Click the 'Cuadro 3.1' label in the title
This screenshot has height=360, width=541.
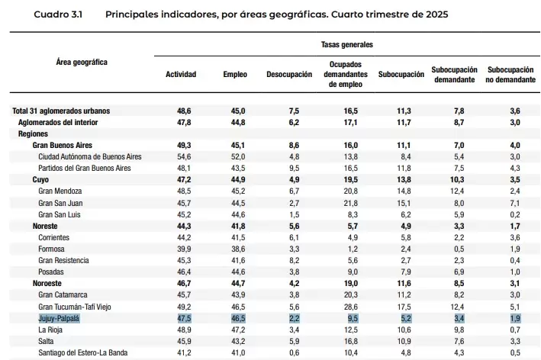(x=58, y=14)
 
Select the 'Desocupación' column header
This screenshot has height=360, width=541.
(x=289, y=75)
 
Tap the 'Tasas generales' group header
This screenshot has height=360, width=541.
(x=346, y=44)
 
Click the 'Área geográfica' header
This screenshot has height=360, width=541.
(x=82, y=62)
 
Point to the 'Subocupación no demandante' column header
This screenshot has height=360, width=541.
(x=510, y=75)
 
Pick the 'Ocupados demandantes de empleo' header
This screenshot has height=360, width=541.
(x=346, y=74)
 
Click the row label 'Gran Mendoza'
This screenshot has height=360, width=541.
(x=60, y=191)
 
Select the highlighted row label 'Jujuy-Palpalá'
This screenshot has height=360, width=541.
(x=59, y=318)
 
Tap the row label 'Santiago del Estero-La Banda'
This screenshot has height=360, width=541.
(x=83, y=353)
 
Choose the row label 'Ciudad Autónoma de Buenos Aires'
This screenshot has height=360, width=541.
(x=90, y=156)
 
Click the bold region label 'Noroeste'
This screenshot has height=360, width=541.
(x=47, y=284)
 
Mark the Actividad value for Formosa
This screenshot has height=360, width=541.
(x=184, y=249)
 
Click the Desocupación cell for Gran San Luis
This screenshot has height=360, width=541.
(x=295, y=214)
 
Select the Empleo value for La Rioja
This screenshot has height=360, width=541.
(x=238, y=329)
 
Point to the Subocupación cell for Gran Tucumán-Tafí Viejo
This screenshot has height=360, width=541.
(x=404, y=307)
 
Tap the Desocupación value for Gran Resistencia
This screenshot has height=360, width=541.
(x=295, y=260)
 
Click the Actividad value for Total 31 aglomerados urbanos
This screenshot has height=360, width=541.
(x=184, y=111)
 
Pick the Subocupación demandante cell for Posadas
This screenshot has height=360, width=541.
(x=459, y=272)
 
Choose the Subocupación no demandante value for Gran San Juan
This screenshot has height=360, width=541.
(x=515, y=203)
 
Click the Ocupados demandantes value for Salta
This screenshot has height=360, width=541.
(x=350, y=341)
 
